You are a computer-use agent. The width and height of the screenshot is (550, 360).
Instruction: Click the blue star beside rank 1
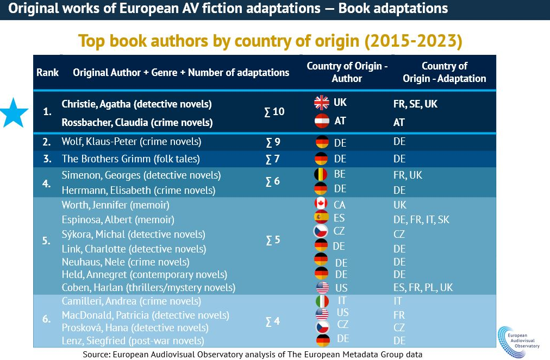pos(14,112)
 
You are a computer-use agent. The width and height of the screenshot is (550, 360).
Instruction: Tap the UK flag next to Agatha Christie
pos(322,103)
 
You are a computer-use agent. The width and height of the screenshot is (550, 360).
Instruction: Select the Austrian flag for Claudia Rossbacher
pos(322,121)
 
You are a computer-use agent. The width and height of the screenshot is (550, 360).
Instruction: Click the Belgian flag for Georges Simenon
pos(321,175)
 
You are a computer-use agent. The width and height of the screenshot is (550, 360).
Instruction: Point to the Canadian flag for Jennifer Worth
pos(321,204)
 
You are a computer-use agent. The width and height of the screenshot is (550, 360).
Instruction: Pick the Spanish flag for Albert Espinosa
pos(321,218)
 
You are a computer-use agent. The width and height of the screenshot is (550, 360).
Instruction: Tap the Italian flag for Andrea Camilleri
pos(322,300)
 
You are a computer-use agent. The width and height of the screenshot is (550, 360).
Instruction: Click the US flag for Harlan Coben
pos(322,287)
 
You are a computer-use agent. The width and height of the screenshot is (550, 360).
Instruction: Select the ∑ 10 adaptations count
pos(274,112)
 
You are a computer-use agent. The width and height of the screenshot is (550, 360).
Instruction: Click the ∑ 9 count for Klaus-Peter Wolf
pos(272,142)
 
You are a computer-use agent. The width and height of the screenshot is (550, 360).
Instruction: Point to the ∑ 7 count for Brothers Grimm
pos(272,159)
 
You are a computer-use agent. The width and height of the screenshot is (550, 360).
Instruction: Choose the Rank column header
pos(48,72)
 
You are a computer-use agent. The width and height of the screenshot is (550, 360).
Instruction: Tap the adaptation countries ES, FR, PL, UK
pos(423,287)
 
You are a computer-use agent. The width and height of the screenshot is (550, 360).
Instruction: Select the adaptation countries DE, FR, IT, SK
pos(421,220)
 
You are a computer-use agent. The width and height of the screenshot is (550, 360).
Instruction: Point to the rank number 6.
pos(46,319)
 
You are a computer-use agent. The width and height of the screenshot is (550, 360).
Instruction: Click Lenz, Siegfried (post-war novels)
pos(133,341)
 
